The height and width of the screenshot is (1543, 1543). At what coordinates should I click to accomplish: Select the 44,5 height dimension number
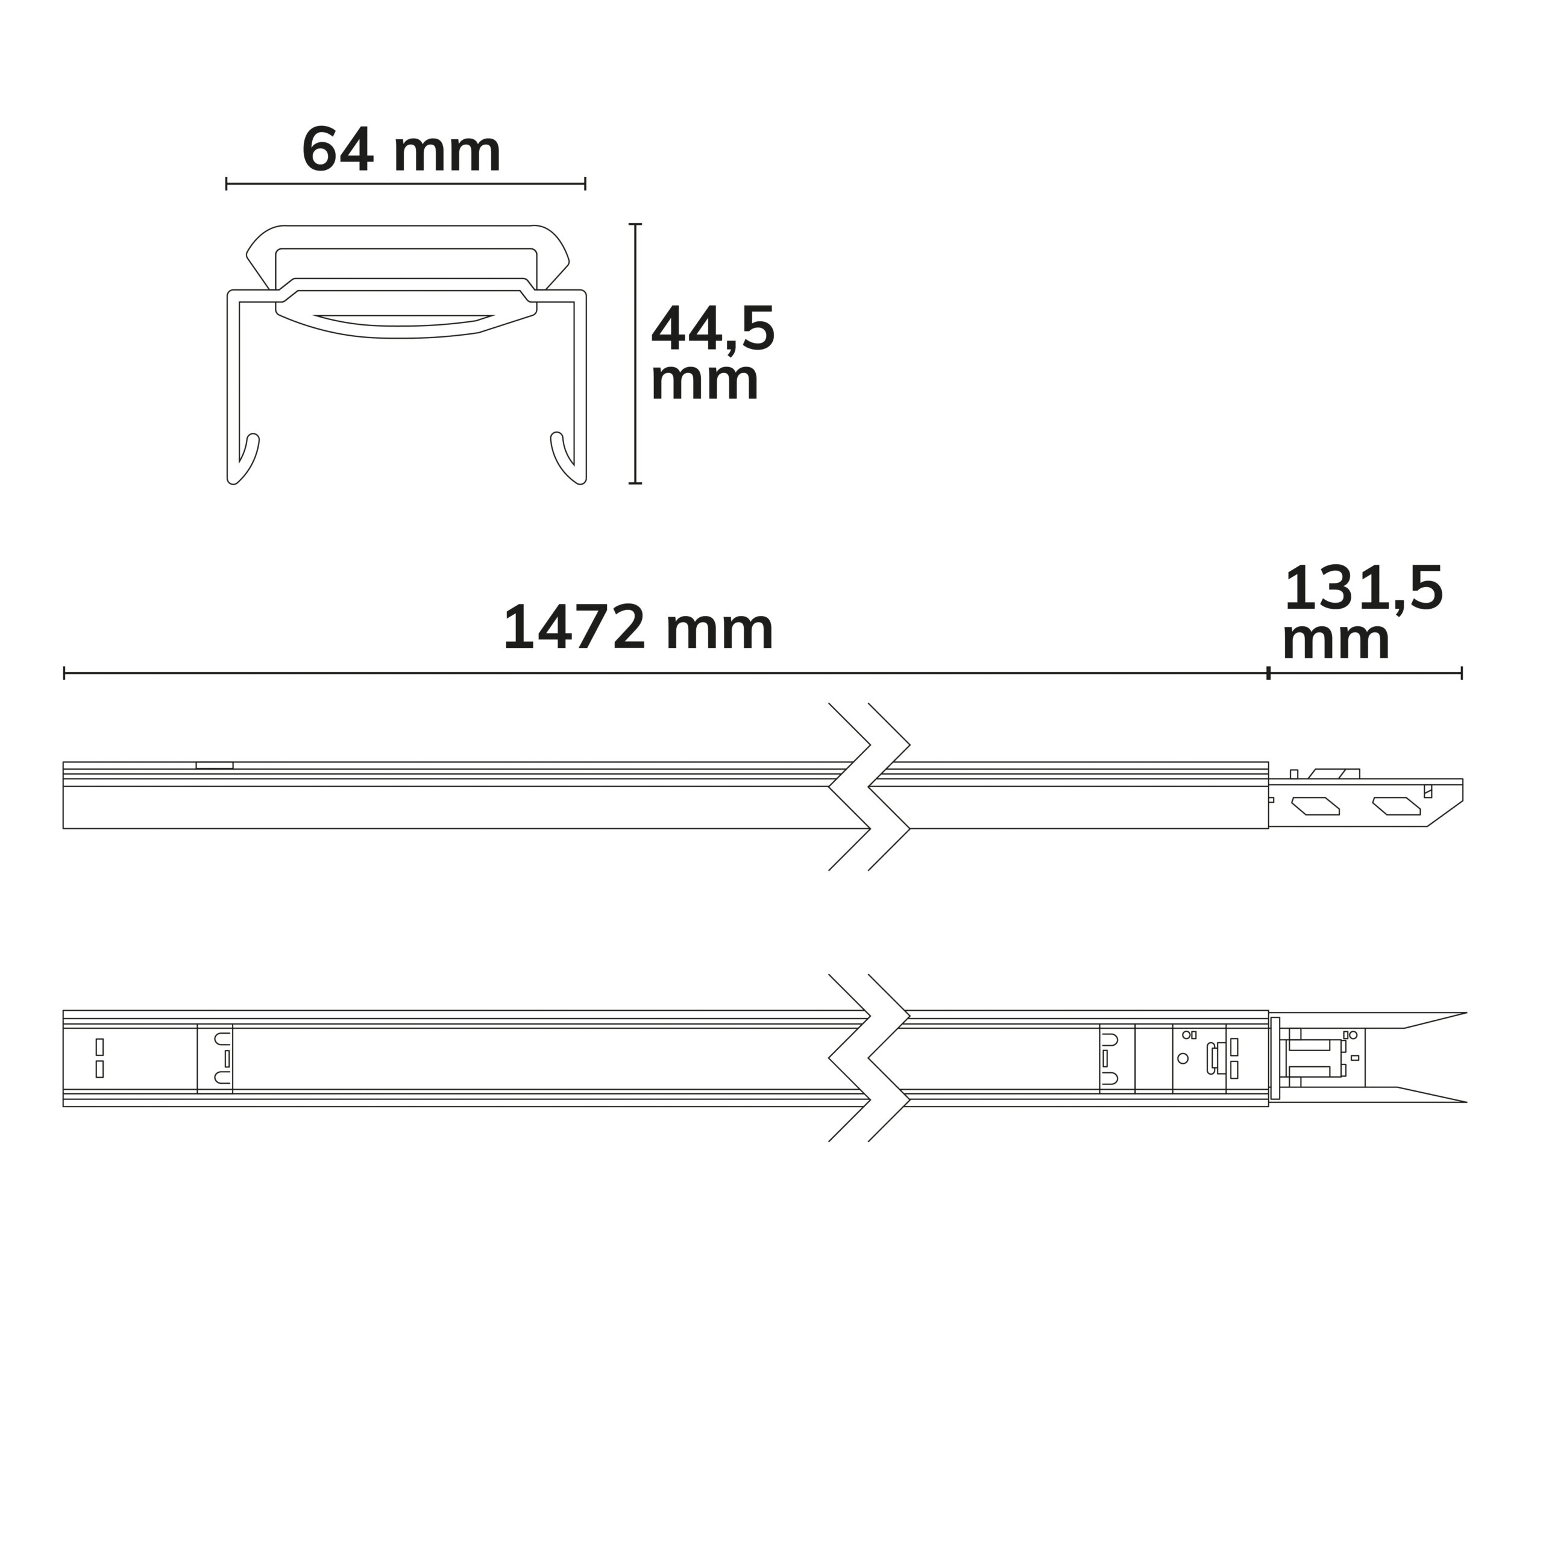[x=713, y=328]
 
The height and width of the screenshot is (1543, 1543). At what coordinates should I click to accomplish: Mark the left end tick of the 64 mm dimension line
[x=227, y=184]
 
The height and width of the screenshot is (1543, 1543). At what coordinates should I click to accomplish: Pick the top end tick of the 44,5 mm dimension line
[x=635, y=224]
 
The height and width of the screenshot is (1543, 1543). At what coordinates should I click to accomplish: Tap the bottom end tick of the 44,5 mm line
[x=635, y=483]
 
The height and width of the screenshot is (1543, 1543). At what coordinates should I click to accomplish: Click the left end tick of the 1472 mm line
[x=64, y=673]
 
